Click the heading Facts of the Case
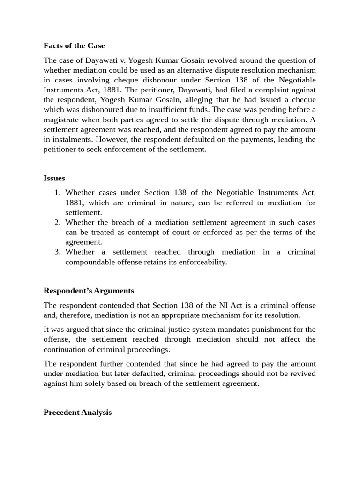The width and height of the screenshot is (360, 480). (x=74, y=46)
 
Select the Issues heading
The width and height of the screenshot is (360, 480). (x=54, y=178)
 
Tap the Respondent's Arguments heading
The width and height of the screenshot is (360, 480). (x=89, y=291)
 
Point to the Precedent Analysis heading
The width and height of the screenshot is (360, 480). (x=77, y=412)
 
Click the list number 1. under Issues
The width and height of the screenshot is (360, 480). (x=58, y=193)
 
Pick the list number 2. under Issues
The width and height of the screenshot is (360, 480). (x=58, y=222)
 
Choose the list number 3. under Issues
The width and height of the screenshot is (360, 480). (x=58, y=252)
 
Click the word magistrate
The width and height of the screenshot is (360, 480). (x=62, y=120)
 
